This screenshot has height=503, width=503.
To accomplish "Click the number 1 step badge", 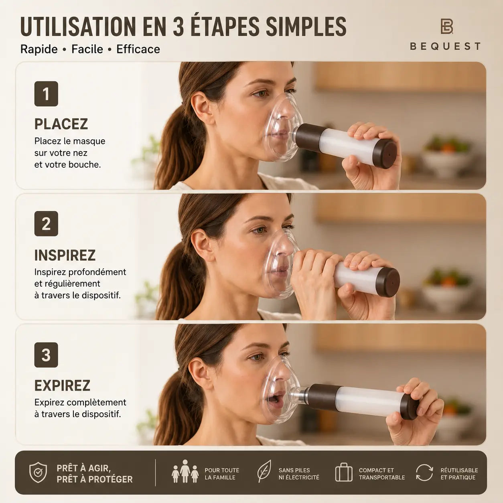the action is click(x=46, y=94).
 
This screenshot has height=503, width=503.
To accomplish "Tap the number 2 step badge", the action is click(x=46, y=224).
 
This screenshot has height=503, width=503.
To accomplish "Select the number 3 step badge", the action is click(x=46, y=355).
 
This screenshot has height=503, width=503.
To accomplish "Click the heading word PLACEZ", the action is click(x=61, y=124).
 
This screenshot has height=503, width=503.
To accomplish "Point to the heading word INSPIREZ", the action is click(x=65, y=255).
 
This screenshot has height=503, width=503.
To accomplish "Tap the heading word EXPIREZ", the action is click(x=63, y=385).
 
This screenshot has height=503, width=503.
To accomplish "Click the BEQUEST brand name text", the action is click(x=445, y=46).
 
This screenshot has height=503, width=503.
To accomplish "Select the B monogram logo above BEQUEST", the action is click(x=446, y=26).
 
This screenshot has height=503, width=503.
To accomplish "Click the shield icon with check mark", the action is click(x=38, y=473).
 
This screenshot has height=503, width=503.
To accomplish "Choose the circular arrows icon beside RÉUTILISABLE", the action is click(x=424, y=473).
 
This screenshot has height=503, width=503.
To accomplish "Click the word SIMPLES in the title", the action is click(x=306, y=26).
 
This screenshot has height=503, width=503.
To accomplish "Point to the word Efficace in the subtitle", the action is click(x=138, y=49).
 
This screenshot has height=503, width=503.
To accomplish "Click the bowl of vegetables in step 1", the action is click(x=447, y=154).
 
